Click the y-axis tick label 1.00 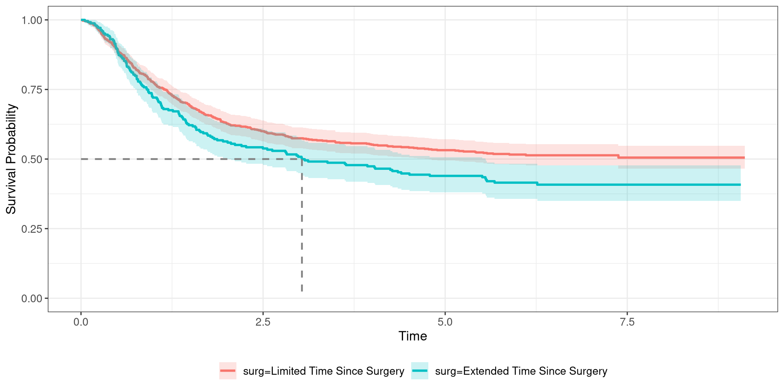click(32, 20)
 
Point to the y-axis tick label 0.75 click(32, 89)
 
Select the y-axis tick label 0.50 click(32, 159)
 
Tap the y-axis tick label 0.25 click(32, 229)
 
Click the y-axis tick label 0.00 click(32, 298)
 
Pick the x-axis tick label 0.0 click(81, 322)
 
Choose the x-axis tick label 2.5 click(263, 322)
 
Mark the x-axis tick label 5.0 click(445, 322)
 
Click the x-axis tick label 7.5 click(627, 322)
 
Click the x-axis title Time click(412, 336)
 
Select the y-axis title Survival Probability click(11, 159)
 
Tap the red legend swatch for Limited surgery click(228, 371)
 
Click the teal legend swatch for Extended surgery click(420, 371)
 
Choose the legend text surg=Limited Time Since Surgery click(323, 371)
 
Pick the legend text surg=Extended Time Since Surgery click(521, 371)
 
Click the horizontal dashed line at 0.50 click(184, 159)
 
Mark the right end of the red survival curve click(744, 158)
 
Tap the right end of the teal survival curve click(740, 185)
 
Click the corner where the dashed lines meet click(302, 159)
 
